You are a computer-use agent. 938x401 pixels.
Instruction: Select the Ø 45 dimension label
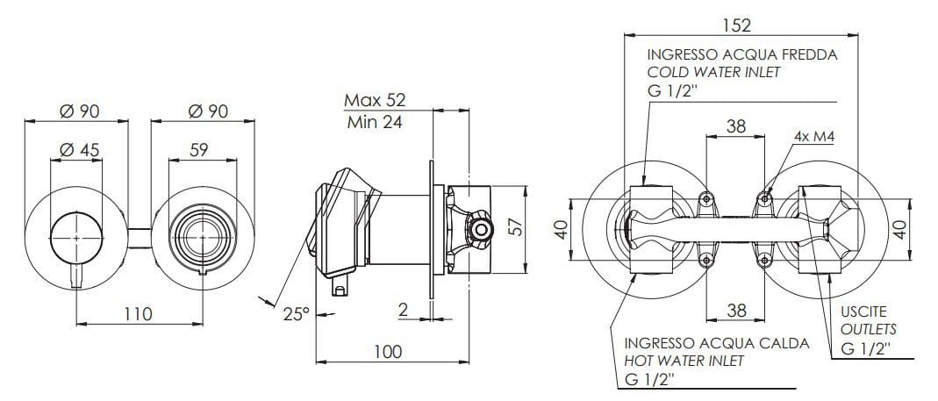79,151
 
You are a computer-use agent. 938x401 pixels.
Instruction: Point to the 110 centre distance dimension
137,313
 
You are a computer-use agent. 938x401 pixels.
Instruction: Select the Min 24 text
374,122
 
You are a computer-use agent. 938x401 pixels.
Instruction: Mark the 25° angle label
296,313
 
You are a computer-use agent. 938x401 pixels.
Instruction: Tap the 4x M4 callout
812,137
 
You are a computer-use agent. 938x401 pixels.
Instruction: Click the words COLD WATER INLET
712,72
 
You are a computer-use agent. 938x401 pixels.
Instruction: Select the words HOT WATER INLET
684,361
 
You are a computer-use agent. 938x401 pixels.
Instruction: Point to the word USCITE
864,311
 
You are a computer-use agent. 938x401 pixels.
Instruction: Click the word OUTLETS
869,329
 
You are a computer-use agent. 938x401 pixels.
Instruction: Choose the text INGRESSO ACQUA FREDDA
741,54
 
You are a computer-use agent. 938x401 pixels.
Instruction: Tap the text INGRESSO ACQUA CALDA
716,342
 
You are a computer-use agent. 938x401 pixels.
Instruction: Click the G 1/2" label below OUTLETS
865,348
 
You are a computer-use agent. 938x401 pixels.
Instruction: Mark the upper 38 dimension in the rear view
735,127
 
